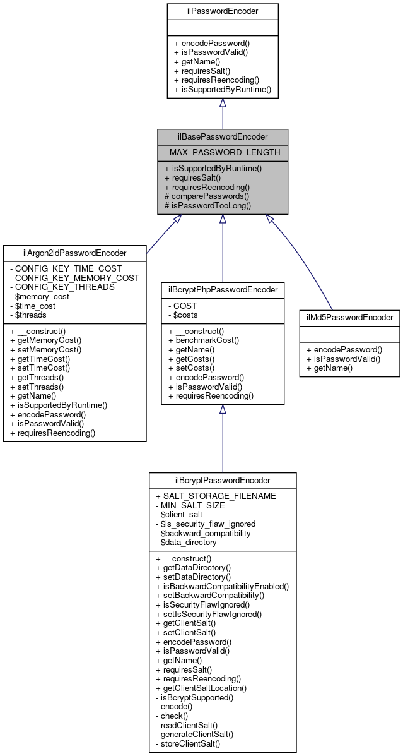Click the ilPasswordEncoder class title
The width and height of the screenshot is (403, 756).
pyautogui.click(x=223, y=10)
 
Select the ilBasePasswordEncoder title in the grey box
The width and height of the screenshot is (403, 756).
pyautogui.click(x=223, y=136)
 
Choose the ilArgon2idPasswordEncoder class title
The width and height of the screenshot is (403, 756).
pyautogui.click(x=74, y=253)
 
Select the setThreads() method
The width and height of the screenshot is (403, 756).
pyautogui.click(x=43, y=386)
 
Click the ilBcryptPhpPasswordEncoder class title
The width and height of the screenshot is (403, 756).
pyautogui.click(x=222, y=291)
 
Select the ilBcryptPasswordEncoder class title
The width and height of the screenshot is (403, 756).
pyautogui.click(x=223, y=480)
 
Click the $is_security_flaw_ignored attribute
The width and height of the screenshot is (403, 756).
pyautogui.click(x=209, y=524)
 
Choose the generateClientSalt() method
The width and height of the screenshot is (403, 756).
pyautogui.click(x=197, y=734)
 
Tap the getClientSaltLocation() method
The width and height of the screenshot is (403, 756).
pyautogui.click(x=204, y=688)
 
